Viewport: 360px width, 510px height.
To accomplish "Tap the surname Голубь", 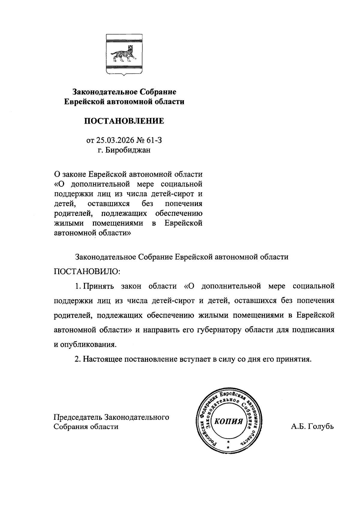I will [x=320, y=426].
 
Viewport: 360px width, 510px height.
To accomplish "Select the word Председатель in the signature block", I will [x=78, y=417].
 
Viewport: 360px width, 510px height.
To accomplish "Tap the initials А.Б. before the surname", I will [x=298, y=426].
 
